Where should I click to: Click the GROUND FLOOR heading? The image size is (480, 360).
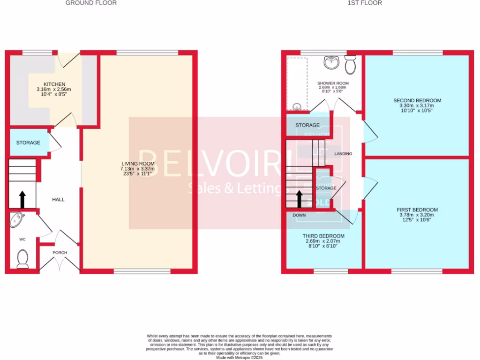pos(91,3)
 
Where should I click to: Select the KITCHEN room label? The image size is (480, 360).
pos(54,84)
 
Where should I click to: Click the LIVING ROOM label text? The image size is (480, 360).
pos(137,164)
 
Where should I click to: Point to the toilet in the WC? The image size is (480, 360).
pos(22,258)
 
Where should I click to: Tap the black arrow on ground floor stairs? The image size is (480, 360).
pos(22,199)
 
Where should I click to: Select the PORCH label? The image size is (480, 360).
pos(60,253)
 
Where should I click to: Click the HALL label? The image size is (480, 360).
pos(58,200)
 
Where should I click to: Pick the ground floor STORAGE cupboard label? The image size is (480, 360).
pos(28,142)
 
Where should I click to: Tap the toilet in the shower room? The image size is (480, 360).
pos(350,65)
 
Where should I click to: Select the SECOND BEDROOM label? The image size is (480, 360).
pos(417,100)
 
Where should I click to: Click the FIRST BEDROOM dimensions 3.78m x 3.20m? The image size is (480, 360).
pos(417,215)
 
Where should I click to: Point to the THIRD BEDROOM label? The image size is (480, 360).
pos(323,236)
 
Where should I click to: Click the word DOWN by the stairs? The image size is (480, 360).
pos(299,215)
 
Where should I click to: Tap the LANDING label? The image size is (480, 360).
pos(343,154)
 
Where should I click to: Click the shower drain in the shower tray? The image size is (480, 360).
pos(296,106)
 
